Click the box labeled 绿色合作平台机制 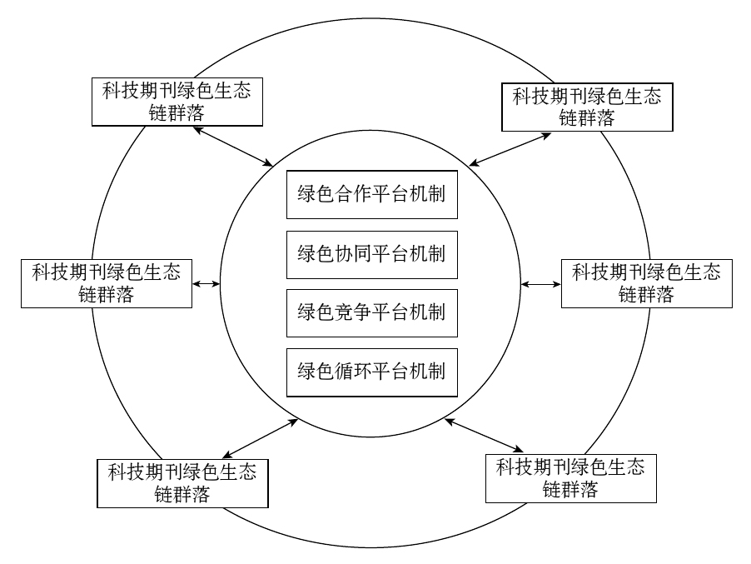click(x=371, y=195)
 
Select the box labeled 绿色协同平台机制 click(x=371, y=253)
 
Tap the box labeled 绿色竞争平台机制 click(x=371, y=312)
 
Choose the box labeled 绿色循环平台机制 click(x=371, y=371)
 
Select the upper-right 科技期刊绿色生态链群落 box click(x=587, y=107)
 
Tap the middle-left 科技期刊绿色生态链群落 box click(x=106, y=283)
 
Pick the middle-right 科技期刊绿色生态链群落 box click(x=646, y=283)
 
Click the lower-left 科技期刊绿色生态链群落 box click(x=182, y=483)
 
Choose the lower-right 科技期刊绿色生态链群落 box click(x=570, y=477)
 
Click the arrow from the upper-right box click(x=510, y=149)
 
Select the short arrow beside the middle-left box click(x=206, y=284)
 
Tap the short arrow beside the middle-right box click(x=541, y=284)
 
